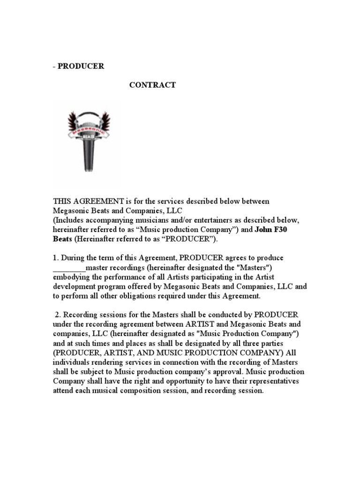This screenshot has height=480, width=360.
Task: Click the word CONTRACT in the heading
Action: point(152,85)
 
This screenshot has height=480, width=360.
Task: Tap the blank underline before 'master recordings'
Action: point(69,268)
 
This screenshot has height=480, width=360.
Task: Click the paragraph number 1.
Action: point(55,258)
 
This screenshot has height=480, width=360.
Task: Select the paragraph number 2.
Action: point(57,314)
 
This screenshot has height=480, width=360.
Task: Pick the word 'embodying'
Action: point(70,277)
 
